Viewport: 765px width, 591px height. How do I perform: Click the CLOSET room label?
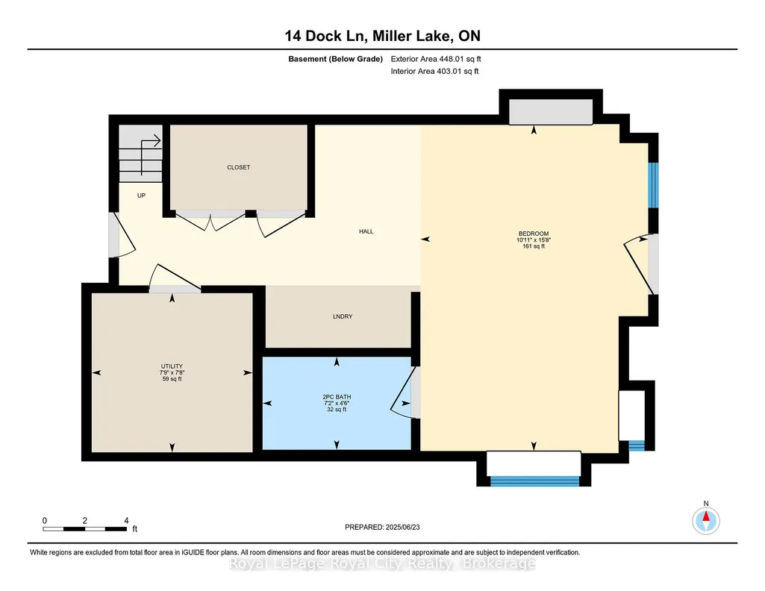pos(239,167)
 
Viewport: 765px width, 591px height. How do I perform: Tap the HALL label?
pos(366,231)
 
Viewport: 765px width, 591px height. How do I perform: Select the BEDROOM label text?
pos(534,234)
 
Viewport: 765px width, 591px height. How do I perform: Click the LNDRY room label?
pos(343,316)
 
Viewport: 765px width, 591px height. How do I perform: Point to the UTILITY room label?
pos(172,366)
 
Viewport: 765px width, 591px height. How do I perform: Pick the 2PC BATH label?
pos(337,397)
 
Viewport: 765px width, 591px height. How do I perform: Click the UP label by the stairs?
pos(142,196)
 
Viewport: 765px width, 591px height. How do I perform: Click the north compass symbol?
pos(706,521)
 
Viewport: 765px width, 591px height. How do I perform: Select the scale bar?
pos(85,529)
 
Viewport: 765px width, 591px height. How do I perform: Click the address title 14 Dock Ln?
pos(326,36)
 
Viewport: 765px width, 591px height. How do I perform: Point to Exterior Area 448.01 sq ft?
pos(436,59)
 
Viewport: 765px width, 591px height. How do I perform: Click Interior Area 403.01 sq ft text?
pos(434,71)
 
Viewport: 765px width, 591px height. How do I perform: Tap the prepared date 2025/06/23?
pos(402,527)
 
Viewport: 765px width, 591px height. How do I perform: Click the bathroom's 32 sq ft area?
pos(337,410)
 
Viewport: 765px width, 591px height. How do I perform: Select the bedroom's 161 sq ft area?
pos(534,246)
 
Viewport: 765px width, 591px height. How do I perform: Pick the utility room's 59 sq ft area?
pos(172,379)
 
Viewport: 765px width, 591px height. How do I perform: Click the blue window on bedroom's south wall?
pos(534,481)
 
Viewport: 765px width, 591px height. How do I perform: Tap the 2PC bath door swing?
pos(402,392)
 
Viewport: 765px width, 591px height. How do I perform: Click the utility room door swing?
pos(174,277)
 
